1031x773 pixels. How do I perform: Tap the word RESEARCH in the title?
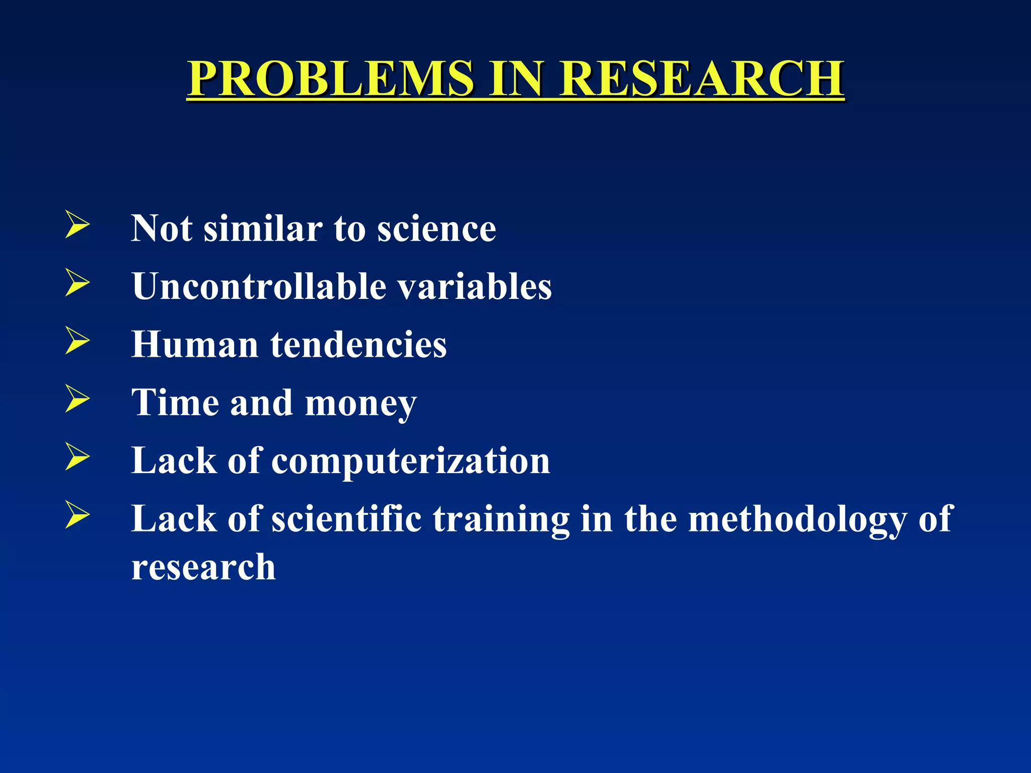[x=702, y=79]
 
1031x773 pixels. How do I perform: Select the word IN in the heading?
[x=517, y=79]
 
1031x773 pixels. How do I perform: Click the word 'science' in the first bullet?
[x=436, y=229]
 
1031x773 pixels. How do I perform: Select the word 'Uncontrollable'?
[x=259, y=287]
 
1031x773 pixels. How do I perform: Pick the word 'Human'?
[x=195, y=345]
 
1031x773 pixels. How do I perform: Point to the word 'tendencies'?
[x=358, y=345]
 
